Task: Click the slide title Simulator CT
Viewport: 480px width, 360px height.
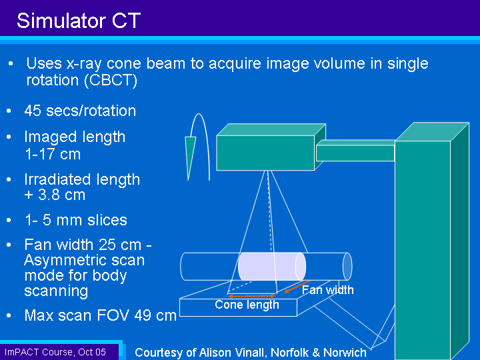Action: click(x=79, y=21)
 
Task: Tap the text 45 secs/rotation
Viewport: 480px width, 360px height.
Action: click(x=80, y=111)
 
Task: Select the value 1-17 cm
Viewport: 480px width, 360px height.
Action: click(x=53, y=154)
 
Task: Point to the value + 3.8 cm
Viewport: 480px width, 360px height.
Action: click(x=55, y=195)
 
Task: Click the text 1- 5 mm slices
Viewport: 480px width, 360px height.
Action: click(x=76, y=220)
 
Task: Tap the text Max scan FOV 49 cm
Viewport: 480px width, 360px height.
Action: click(x=101, y=315)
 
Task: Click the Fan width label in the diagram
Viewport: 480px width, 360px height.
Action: click(x=327, y=290)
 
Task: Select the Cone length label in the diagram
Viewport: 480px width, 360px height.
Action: click(x=247, y=305)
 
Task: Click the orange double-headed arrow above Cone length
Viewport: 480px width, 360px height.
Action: click(x=252, y=296)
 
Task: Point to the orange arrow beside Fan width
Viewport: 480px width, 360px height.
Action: click(x=297, y=287)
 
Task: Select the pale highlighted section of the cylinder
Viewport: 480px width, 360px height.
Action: click(x=272, y=266)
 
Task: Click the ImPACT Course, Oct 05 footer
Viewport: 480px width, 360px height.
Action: click(x=55, y=352)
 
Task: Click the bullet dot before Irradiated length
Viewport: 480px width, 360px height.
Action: click(x=9, y=179)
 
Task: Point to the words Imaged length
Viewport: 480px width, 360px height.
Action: click(x=75, y=137)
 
